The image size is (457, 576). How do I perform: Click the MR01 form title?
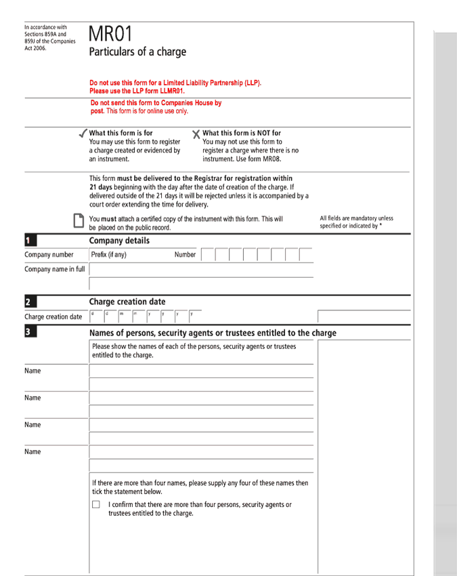click(110, 35)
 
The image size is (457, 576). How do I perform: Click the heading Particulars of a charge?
click(137, 52)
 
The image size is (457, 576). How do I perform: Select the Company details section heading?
click(119, 241)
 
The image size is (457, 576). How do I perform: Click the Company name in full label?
click(55, 269)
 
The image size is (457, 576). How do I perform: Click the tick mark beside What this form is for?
click(83, 133)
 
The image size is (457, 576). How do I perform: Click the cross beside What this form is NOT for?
click(196, 134)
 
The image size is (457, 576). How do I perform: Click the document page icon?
click(79, 222)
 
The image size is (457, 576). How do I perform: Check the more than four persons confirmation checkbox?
click(96, 505)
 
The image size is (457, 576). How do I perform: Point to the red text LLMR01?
click(169, 90)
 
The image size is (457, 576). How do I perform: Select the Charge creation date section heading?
click(127, 302)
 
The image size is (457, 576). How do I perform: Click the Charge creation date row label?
click(53, 316)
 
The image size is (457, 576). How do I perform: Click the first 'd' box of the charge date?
click(94, 316)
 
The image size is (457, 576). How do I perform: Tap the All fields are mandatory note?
click(356, 222)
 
